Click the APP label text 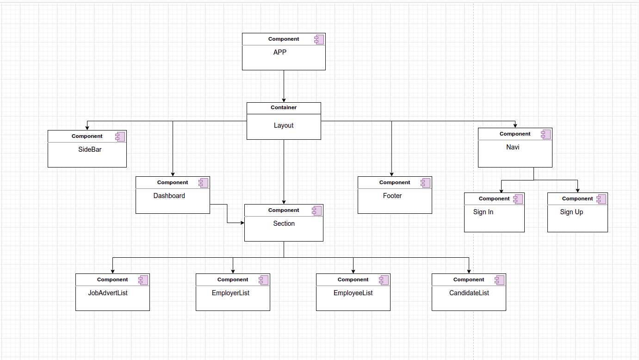[279, 52]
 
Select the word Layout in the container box [284, 125]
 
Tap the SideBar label [90, 149]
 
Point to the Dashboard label [169, 196]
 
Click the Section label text [284, 223]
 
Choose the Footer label [392, 196]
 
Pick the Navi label [513, 147]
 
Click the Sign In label [483, 212]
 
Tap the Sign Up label [571, 212]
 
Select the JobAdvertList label [108, 293]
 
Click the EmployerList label [230, 293]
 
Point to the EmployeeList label [353, 293]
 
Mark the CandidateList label [469, 293]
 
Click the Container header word [284, 107]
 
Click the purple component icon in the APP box [319, 39]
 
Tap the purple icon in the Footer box [425, 183]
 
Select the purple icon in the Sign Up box [602, 199]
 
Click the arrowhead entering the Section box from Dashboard [242, 223]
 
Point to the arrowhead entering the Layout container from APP [284, 100]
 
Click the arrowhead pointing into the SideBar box [87, 128]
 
